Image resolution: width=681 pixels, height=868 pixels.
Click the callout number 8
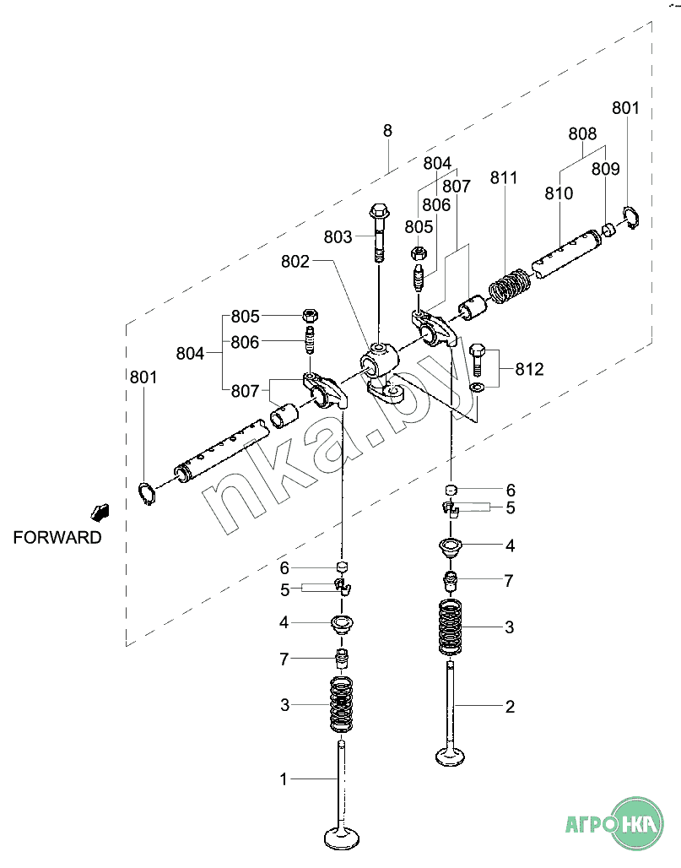pos(387,131)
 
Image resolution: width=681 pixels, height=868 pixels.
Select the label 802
pos(295,262)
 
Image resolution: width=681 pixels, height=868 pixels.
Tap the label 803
pos(338,237)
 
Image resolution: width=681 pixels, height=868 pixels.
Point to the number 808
pos(582,133)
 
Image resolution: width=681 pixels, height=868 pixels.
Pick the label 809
pos(605,169)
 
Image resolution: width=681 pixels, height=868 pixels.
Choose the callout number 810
pos(559,193)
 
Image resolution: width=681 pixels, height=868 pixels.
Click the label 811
pos(504,177)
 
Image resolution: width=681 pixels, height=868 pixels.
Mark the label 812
pos(530,369)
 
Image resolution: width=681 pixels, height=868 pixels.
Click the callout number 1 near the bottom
pos(284,778)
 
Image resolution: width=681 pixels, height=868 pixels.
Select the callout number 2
pos(510,706)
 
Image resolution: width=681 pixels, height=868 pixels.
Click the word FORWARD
pos(57,538)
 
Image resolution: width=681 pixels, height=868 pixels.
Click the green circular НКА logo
pos(639,822)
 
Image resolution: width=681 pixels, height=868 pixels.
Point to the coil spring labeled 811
pos(510,285)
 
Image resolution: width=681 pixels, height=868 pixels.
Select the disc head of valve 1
pos(342,838)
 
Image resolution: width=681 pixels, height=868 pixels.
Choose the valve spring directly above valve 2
pos(451,627)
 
